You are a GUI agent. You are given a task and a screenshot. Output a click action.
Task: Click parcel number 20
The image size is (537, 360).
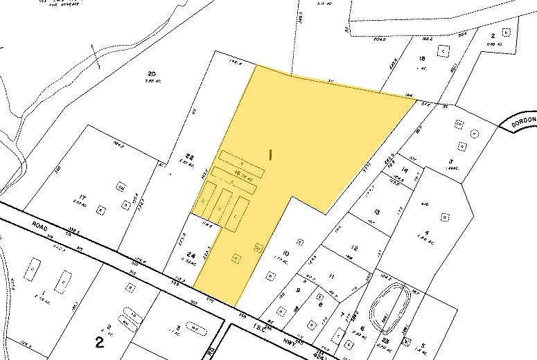[x=152, y=73]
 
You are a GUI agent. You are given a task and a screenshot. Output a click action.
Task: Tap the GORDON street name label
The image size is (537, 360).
[x=524, y=120]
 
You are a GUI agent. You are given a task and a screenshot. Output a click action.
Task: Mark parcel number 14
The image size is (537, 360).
[x=405, y=170]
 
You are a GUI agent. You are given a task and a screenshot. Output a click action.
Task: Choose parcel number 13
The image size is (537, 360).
[x=376, y=212]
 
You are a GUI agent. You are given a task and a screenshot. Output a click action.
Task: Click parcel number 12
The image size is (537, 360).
[x=354, y=248]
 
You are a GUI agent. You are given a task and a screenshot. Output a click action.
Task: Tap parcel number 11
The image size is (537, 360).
[x=332, y=277]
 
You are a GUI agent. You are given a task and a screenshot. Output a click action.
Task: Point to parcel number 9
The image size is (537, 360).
[x=298, y=291]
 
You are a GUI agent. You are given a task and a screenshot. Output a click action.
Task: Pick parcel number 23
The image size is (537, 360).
[x=385, y=341]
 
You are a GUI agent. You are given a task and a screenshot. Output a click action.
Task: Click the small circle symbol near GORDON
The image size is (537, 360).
[x=474, y=133]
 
